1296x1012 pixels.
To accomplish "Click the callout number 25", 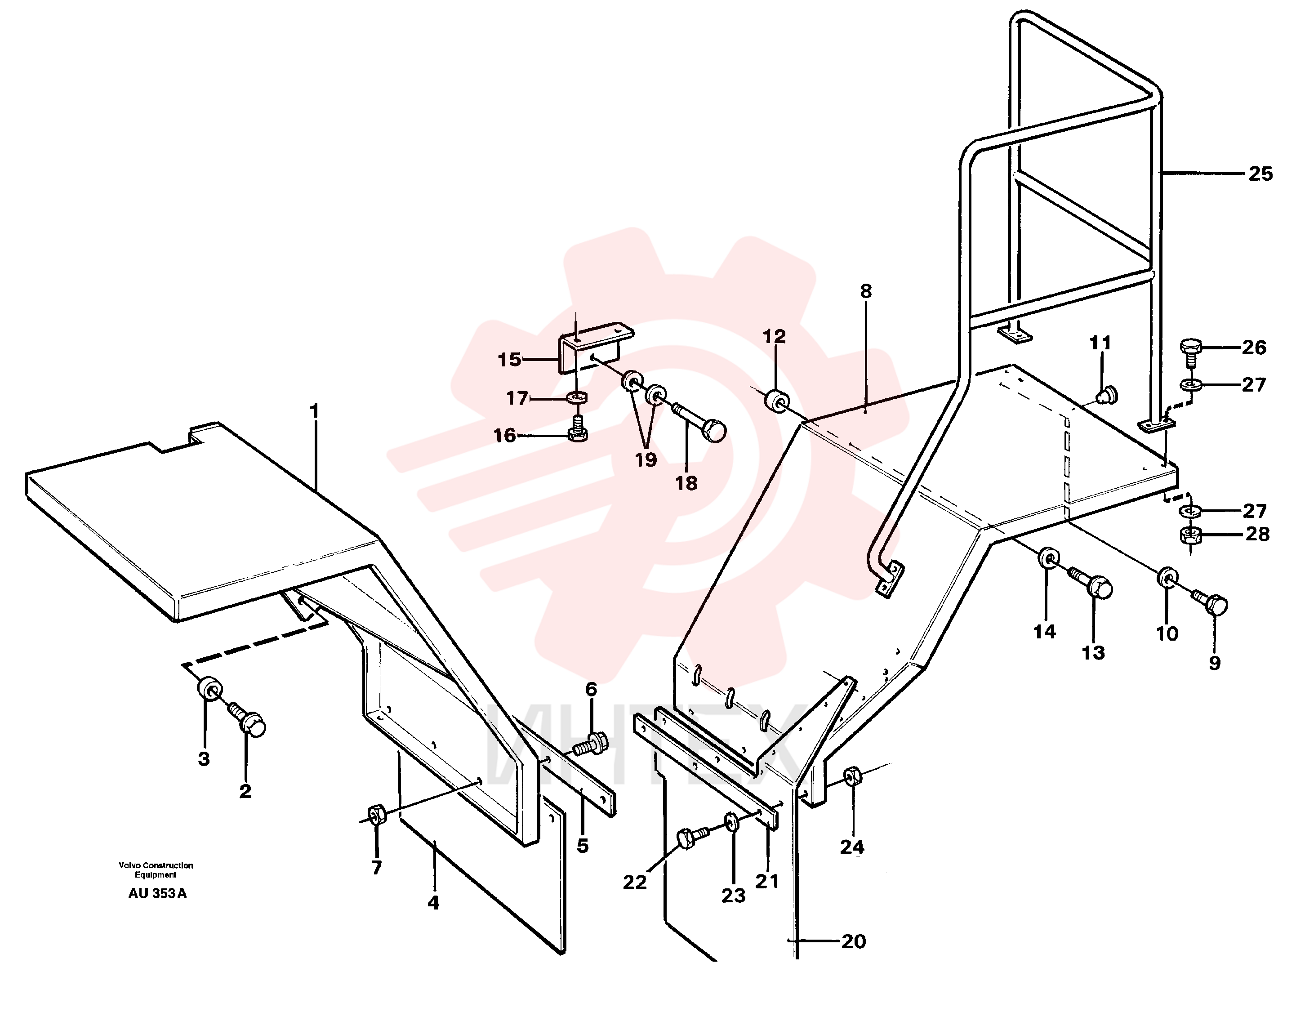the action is click(1260, 174).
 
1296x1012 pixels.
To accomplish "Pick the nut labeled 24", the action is click(852, 776).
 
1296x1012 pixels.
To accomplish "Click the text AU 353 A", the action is click(157, 894).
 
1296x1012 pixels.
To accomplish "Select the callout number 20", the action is click(853, 941).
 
